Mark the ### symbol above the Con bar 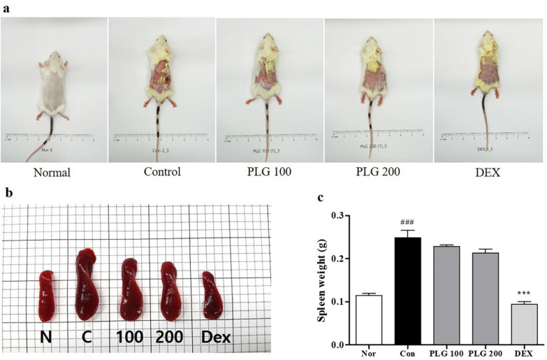click(x=407, y=222)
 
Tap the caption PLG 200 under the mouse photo click(x=377, y=172)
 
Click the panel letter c click(x=320, y=198)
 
